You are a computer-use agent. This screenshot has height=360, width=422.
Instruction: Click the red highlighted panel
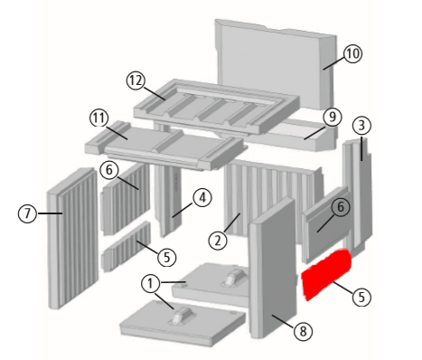pos(326,274)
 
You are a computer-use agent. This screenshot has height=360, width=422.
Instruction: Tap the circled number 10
pos(352,53)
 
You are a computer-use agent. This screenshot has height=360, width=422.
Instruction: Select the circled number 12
pos(136,81)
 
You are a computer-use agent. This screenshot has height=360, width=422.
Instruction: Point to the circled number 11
pos(99,118)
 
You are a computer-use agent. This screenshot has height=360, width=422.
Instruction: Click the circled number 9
pos(333,117)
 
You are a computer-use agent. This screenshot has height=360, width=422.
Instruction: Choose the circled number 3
pos(361,125)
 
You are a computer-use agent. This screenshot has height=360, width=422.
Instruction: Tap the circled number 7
pos(27,213)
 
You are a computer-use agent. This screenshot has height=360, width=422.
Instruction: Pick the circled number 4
pos(202,198)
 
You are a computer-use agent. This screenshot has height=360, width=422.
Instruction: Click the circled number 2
pos(218,241)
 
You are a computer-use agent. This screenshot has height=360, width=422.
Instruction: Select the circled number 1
pos(150,283)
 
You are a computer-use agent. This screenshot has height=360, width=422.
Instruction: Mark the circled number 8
pos(303,331)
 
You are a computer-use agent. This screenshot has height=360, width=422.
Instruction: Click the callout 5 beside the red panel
pos(361,297)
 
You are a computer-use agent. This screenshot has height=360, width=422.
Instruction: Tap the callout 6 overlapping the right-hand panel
pos(341,207)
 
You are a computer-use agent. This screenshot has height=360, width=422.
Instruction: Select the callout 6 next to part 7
pos(109,170)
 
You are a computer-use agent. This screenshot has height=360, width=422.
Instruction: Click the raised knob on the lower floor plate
pos(181,316)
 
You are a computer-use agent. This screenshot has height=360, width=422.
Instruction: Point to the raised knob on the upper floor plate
pos(234,277)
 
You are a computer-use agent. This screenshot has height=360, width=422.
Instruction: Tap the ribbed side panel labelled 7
pos(73,238)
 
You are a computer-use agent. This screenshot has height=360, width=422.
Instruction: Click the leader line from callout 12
pos(155,94)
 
